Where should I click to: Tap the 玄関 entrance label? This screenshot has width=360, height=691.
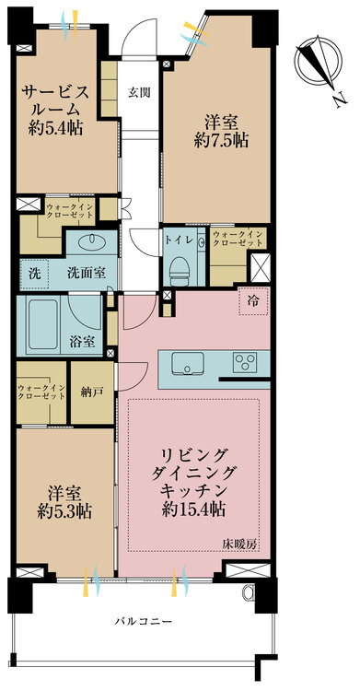point(139,92)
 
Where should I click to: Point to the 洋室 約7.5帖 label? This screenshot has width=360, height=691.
point(221,131)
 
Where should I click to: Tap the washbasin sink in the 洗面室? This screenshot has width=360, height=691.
point(92,240)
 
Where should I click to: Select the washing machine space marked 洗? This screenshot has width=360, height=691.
point(34,275)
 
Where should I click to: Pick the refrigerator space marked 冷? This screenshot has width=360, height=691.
point(253,300)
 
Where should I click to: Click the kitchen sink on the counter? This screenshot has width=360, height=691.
point(188,363)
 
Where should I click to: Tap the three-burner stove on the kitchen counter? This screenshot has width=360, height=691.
point(244,363)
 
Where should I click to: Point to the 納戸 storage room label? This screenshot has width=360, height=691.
point(93,392)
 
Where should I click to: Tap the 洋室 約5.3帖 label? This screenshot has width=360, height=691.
point(64,502)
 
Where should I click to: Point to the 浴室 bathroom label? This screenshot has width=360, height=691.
point(82,343)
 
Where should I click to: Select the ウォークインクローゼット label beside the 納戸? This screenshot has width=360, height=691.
point(41,391)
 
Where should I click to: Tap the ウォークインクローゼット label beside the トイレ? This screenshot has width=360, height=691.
point(238,239)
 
